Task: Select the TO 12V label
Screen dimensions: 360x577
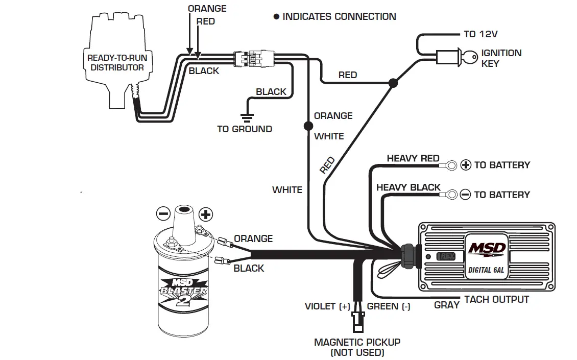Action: point(480,34)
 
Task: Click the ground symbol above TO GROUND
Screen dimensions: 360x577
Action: point(247,117)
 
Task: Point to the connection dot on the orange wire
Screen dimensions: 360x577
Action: point(307,126)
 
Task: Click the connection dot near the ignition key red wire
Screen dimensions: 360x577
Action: point(393,83)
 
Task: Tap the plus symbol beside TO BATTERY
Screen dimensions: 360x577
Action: point(466,165)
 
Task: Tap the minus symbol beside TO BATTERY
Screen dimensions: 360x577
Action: point(465,195)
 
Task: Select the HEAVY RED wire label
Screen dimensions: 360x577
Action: point(413,158)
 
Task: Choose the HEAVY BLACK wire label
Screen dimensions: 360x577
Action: point(408,187)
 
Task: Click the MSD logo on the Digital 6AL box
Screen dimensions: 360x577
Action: point(487,249)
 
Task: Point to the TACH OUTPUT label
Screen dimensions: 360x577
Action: point(496,300)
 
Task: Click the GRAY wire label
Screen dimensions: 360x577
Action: point(447,305)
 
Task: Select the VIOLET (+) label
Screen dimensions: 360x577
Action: point(327,306)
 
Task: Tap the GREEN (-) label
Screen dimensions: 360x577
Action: point(389,306)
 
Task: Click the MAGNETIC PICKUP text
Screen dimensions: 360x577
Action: point(357,342)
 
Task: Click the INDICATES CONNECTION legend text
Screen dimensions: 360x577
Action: point(339,16)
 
